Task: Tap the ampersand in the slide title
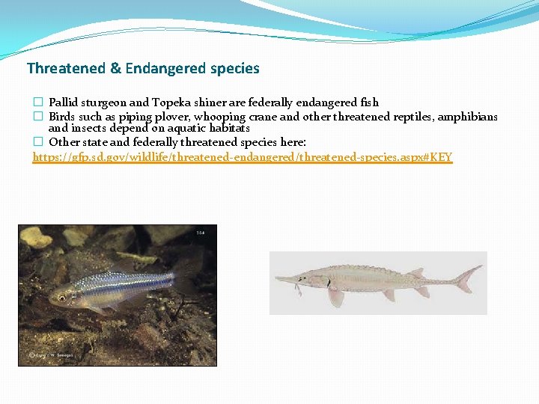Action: tap(115, 69)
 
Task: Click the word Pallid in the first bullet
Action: tap(62, 102)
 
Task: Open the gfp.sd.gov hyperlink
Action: tap(243, 157)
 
